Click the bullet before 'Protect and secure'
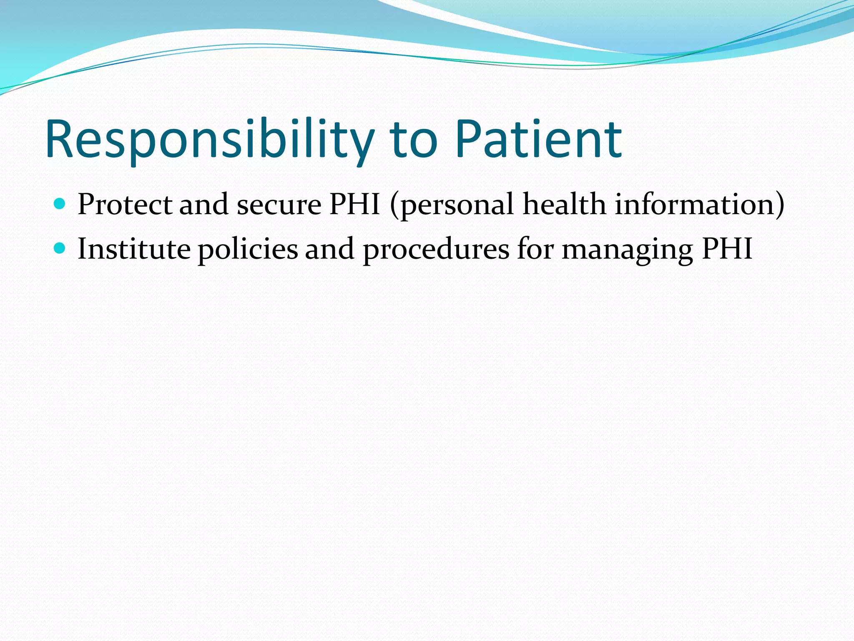[x=60, y=204]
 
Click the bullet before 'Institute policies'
[x=60, y=248]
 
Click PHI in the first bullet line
[x=354, y=204]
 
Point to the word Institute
[x=134, y=249]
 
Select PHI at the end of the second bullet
[x=727, y=249]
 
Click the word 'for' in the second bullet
[x=535, y=249]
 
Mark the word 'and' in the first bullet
[x=204, y=204]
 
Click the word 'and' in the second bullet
[x=329, y=249]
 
